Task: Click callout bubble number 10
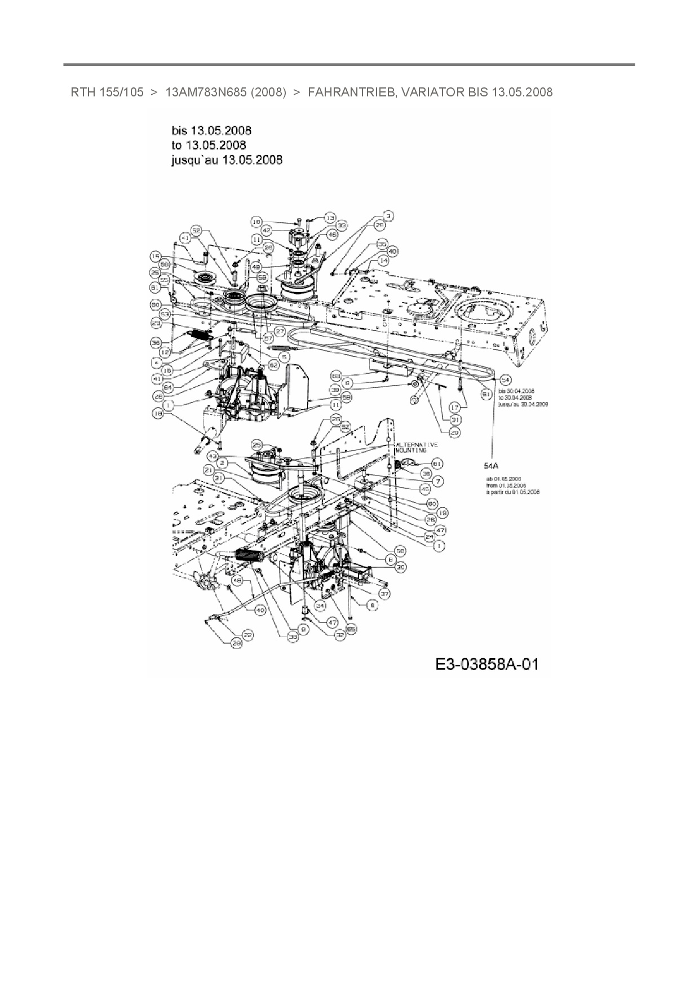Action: point(257,222)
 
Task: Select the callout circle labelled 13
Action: point(330,218)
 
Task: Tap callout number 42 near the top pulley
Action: point(267,230)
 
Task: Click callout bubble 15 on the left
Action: point(156,256)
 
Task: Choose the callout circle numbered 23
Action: point(156,323)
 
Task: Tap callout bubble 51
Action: point(485,394)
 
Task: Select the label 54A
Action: point(492,466)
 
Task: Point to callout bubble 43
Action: point(213,454)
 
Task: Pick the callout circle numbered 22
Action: point(248,635)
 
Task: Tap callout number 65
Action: point(352,628)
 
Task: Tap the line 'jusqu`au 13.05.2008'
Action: point(227,160)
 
